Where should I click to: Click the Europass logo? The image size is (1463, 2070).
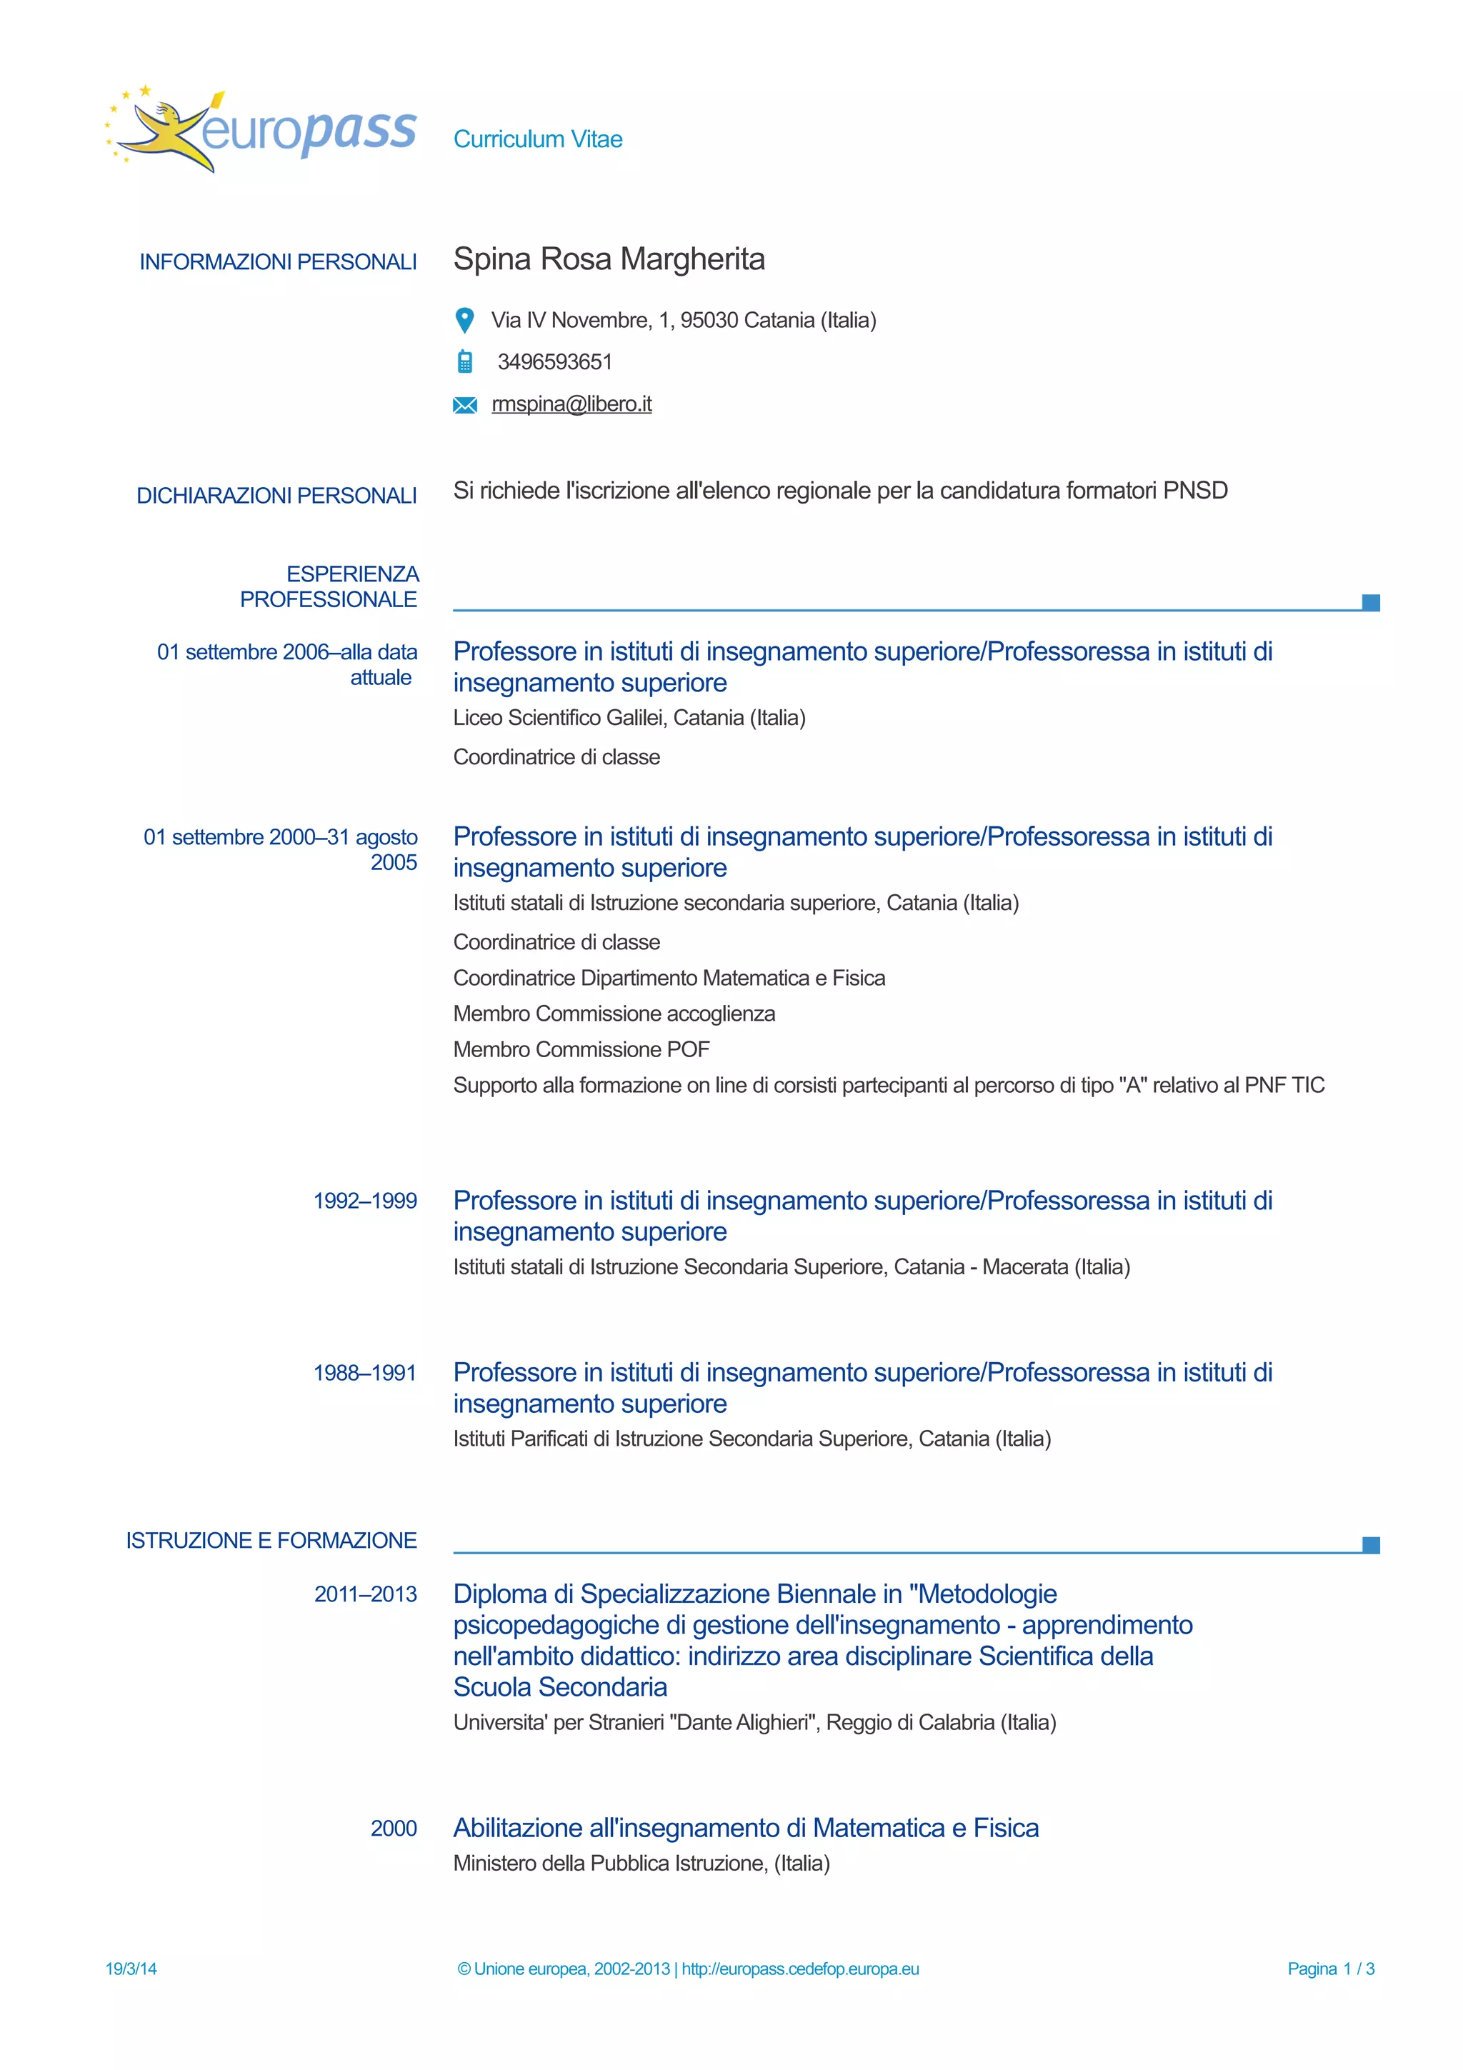(x=261, y=131)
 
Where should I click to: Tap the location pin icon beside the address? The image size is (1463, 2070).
(x=464, y=320)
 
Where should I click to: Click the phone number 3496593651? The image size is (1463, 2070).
(x=554, y=361)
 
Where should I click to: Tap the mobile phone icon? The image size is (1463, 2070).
(x=464, y=361)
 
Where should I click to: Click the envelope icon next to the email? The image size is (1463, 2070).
(x=464, y=405)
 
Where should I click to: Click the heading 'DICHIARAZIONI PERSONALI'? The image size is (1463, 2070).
(x=276, y=495)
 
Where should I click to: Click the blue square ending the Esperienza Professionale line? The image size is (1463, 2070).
(x=1370, y=602)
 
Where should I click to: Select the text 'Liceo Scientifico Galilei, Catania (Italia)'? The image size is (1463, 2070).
(x=629, y=718)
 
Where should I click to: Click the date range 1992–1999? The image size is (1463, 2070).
(x=365, y=1201)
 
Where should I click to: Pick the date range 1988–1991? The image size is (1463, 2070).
(x=365, y=1373)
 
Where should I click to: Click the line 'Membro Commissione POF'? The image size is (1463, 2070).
(x=581, y=1049)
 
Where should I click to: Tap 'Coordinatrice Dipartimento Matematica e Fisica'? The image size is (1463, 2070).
(x=669, y=978)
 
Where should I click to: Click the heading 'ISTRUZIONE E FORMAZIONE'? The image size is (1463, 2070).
(x=271, y=1540)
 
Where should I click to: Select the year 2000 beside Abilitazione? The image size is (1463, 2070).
(x=394, y=1829)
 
